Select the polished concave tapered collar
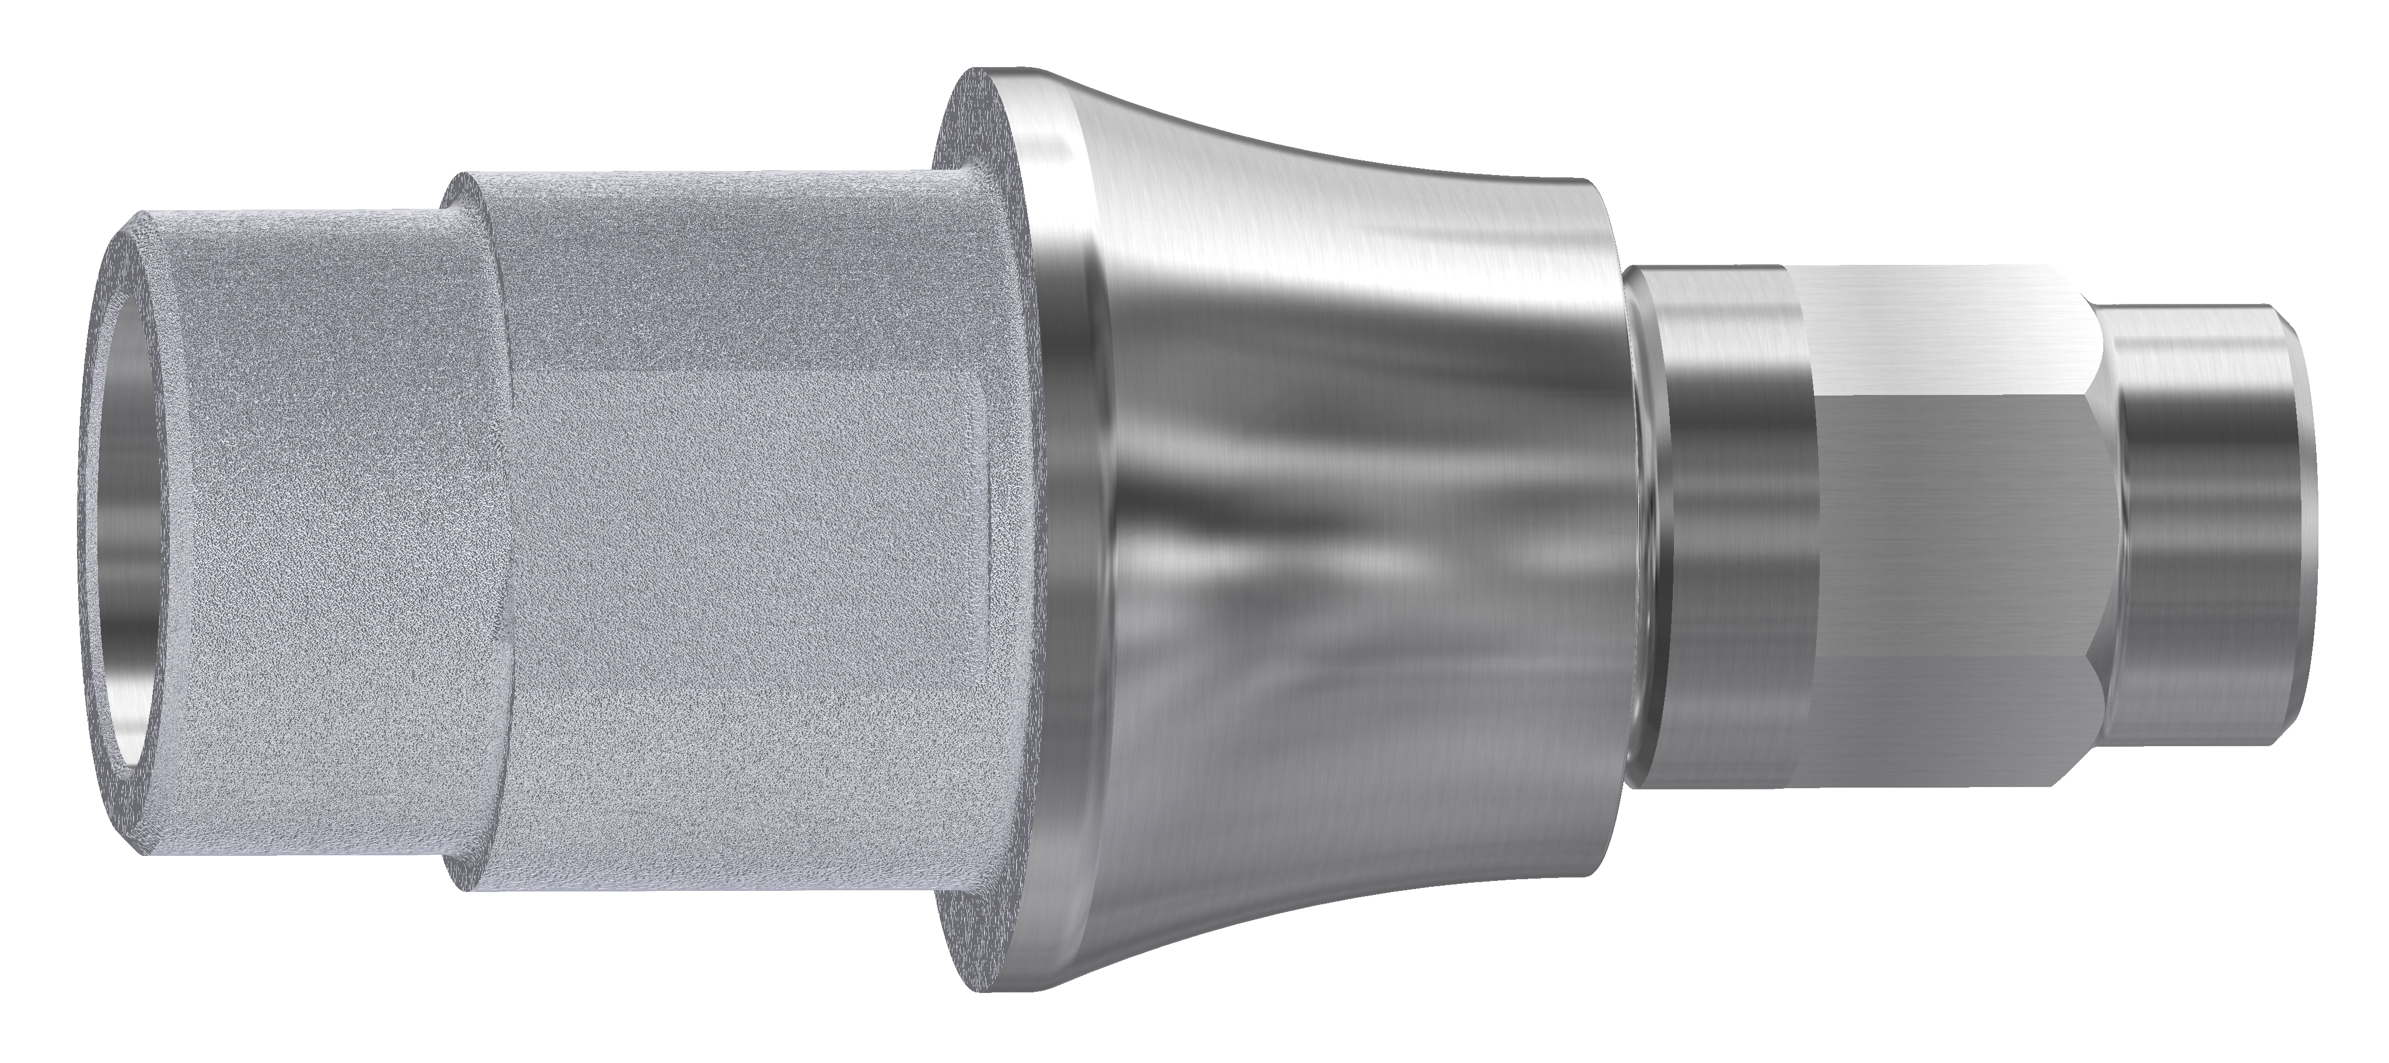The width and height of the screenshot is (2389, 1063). coord(1345,557)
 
